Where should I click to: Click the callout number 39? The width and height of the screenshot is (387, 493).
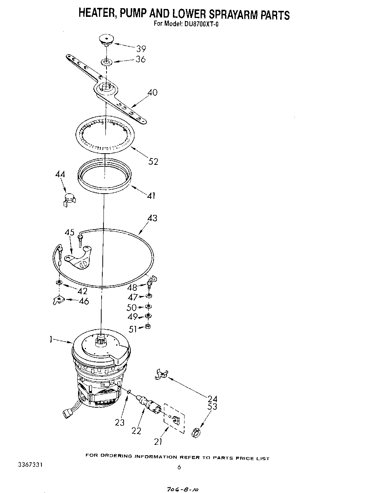[140, 49]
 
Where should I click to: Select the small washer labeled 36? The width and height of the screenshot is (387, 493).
[106, 61]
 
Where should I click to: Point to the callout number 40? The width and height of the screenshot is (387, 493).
[152, 92]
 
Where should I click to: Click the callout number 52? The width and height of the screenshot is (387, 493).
[153, 161]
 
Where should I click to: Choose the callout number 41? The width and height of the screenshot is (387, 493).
[151, 195]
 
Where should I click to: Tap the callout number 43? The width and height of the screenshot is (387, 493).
[152, 218]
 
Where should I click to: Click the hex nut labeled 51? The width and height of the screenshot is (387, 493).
[148, 327]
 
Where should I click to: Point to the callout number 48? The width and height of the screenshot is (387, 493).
[132, 287]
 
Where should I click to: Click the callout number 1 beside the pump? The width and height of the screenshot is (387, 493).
[50, 339]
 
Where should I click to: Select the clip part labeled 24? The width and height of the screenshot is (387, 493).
[161, 375]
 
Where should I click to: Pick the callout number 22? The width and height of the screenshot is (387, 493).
[136, 431]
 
